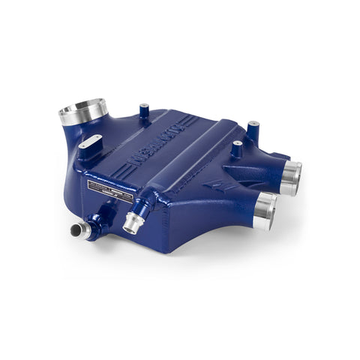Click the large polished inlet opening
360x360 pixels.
[x=83, y=112]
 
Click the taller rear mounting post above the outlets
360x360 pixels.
[x=253, y=130]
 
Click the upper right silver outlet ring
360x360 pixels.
[x=291, y=178]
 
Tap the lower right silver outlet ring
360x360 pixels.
[x=265, y=211]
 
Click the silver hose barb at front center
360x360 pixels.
[x=134, y=220]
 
